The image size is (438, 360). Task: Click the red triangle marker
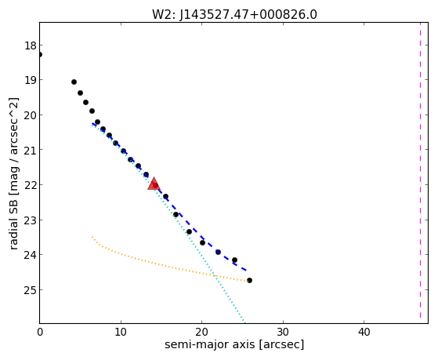[154, 184]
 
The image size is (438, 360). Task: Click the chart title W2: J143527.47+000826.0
[234, 15]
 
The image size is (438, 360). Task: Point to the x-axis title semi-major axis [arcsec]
[234, 344]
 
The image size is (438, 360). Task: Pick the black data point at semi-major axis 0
[40, 54]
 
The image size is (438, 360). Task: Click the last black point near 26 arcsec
[249, 280]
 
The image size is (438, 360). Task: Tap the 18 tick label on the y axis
[31, 45]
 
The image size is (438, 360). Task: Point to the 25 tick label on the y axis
[31, 290]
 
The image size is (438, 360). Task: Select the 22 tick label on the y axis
[31, 185]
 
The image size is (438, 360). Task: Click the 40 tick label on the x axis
[364, 332]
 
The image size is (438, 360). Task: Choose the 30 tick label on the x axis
[283, 332]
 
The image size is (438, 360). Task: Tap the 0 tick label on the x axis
[40, 332]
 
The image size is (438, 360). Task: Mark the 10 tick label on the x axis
[121, 332]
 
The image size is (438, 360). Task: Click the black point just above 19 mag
[74, 82]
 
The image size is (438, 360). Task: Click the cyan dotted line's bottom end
[244, 323]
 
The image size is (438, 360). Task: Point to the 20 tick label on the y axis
[31, 115]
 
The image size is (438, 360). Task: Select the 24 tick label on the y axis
[31, 255]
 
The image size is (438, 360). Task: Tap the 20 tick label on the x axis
[201, 332]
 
